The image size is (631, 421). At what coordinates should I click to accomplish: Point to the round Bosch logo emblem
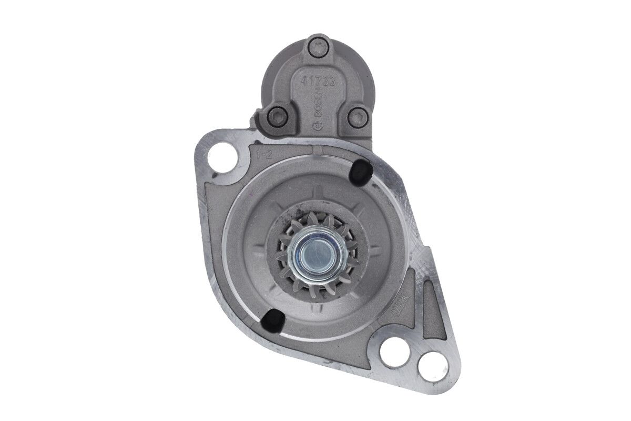pyautogui.click(x=317, y=125)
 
